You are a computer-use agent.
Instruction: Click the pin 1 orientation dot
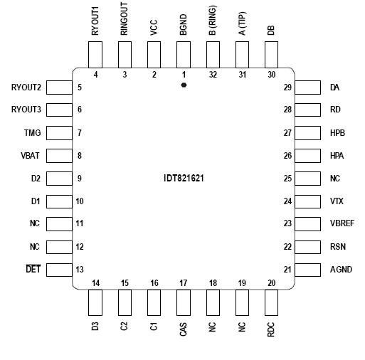[x=184, y=85]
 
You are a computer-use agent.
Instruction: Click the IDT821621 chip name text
[x=184, y=179]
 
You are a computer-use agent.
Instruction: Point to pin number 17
[x=184, y=284]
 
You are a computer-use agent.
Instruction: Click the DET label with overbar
[x=33, y=270]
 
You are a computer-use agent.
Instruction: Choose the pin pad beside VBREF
[x=307, y=224]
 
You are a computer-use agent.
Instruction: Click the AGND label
[x=341, y=270]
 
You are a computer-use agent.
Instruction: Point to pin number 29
[x=287, y=88]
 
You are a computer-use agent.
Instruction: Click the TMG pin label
[x=32, y=133]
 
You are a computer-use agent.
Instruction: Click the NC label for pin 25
[x=335, y=179]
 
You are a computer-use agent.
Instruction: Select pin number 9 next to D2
[x=80, y=179]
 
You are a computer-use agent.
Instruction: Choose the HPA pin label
[x=337, y=156]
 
